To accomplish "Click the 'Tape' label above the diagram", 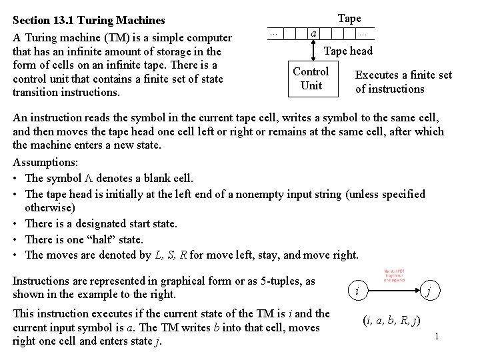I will (x=349, y=18).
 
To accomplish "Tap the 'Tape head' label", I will (x=348, y=51).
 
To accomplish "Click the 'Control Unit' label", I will (x=311, y=78).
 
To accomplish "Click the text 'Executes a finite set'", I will (x=403, y=75).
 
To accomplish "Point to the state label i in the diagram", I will (x=357, y=291).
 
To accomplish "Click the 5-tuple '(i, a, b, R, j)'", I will (x=391, y=320).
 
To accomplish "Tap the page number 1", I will (x=435, y=336).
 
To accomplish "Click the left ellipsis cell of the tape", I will (x=273, y=33).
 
